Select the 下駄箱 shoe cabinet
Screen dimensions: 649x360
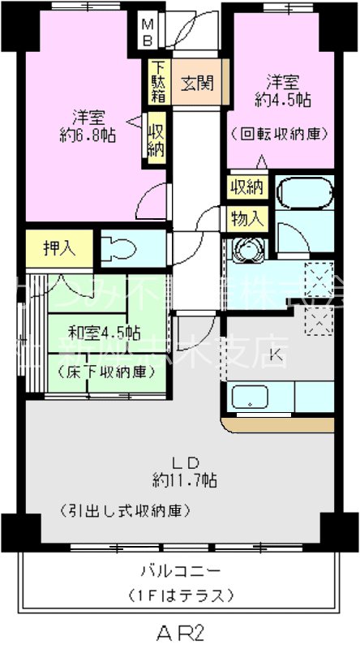click(x=156, y=82)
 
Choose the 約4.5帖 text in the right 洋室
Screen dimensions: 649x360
click(x=283, y=101)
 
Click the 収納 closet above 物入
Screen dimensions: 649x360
click(x=246, y=187)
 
